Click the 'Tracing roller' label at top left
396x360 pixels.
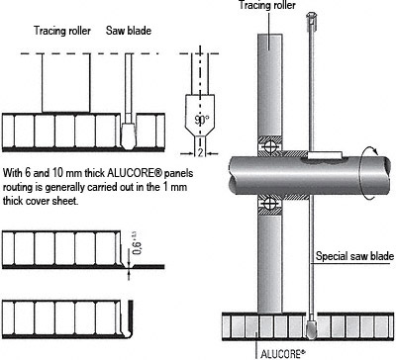62,31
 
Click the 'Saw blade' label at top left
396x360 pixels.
129,31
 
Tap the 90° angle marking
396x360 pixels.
201,120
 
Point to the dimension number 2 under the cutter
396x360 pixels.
200,152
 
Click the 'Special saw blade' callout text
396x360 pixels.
354,256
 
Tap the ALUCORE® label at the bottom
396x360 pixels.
281,354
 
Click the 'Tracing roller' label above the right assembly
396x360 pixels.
267,5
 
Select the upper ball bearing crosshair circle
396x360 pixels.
269,145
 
